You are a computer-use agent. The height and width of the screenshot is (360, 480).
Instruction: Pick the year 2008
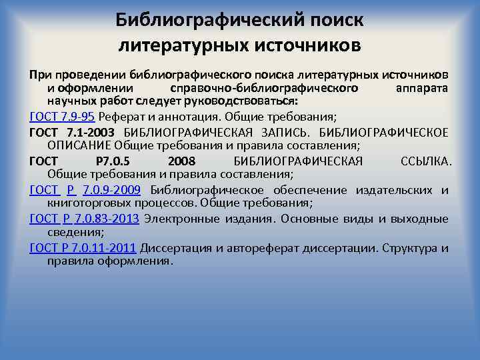click(182, 161)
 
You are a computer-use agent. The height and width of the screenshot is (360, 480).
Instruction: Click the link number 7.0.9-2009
click(111, 190)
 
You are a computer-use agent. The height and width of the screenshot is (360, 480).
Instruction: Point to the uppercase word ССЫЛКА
click(425, 161)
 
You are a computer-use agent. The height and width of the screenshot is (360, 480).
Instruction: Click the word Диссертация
click(175, 249)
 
